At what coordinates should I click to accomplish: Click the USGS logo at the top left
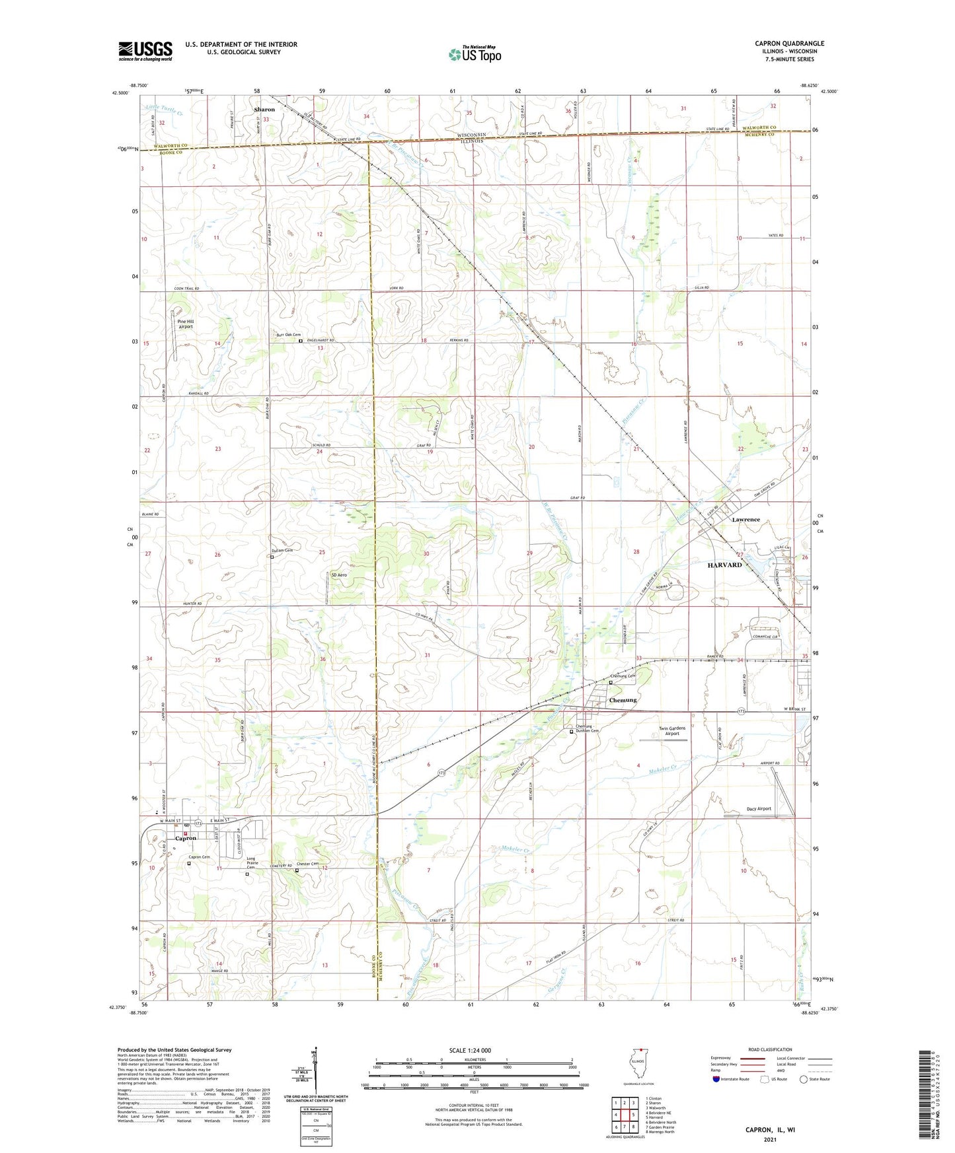pos(145,50)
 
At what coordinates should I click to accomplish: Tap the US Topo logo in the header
pos(475,54)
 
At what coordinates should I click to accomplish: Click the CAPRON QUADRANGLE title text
pos(789,44)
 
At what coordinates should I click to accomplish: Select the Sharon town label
pos(264,110)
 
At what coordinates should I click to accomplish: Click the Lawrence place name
pos(745,520)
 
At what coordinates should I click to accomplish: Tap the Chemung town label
pos(623,700)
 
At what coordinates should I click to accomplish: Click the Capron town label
pos(185,838)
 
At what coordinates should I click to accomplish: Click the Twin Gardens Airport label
pos(673,731)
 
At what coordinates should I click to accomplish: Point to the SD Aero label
pos(339,575)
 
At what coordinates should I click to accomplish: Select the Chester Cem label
pos(308,864)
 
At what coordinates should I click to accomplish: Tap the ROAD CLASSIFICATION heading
pos(771,1049)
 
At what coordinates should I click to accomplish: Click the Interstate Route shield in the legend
pos(716,1079)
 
